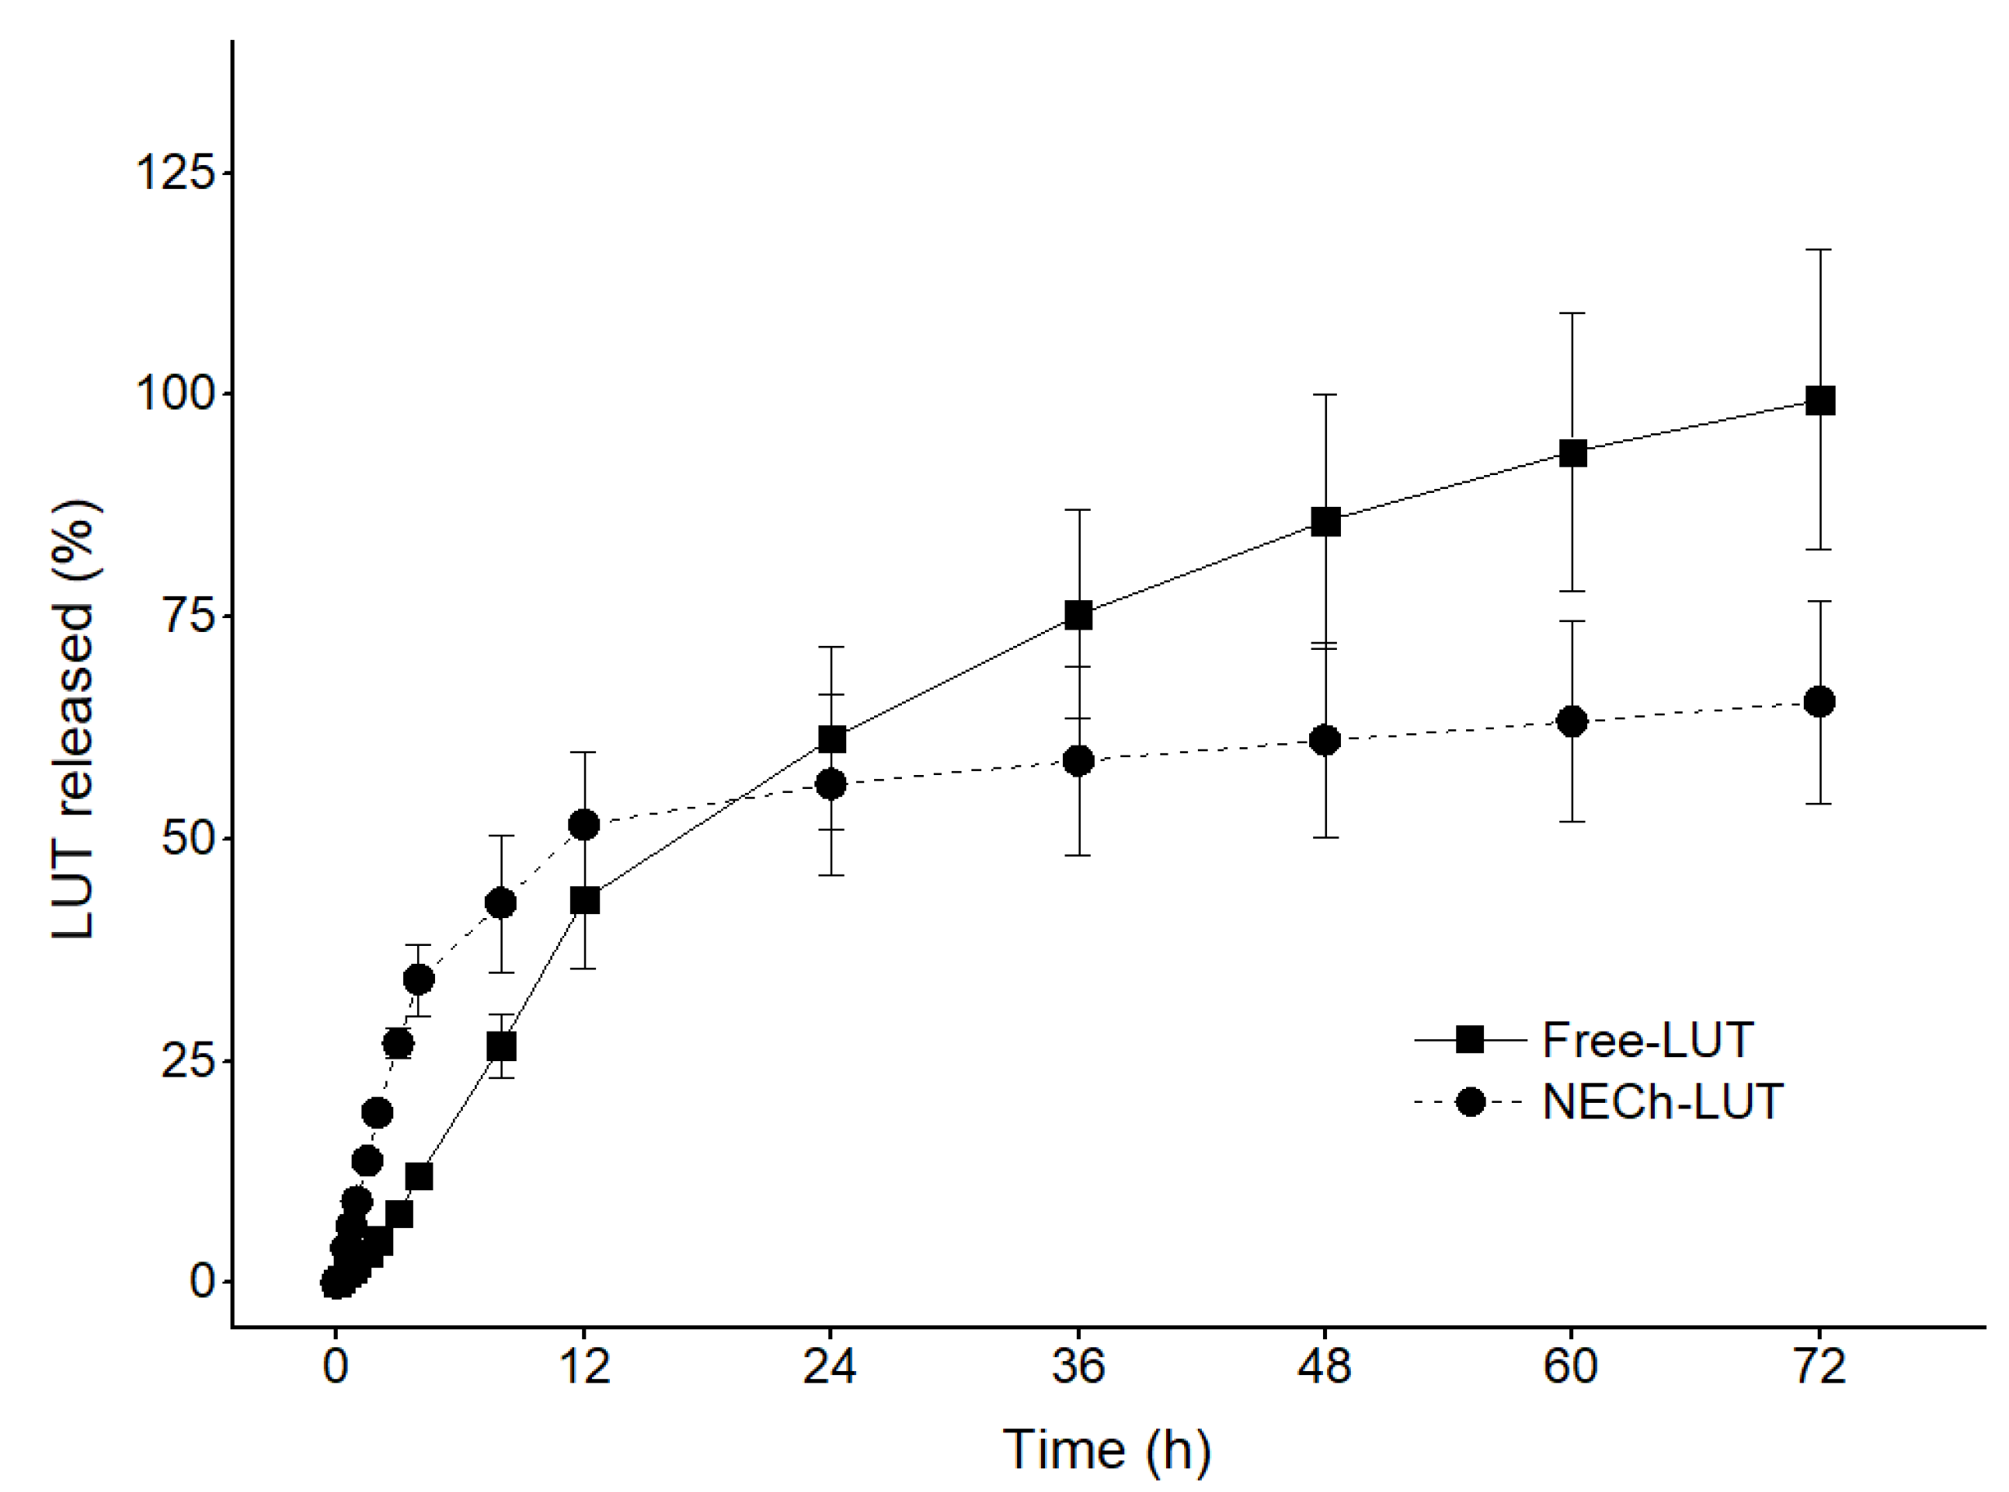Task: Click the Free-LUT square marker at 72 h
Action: (x=1818, y=400)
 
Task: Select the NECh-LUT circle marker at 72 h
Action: (x=1818, y=701)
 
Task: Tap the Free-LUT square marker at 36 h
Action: (x=1078, y=616)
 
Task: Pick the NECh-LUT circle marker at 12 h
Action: (x=584, y=825)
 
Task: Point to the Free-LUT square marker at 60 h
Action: (x=1572, y=454)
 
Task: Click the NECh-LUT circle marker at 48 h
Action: (x=1325, y=741)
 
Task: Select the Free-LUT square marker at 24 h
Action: (x=831, y=740)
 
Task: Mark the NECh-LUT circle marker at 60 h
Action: (x=1572, y=722)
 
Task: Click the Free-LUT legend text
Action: (x=1647, y=1041)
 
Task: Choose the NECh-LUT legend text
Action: (x=1662, y=1102)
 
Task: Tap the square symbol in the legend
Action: (x=1471, y=1040)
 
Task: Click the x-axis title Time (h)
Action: (x=1106, y=1450)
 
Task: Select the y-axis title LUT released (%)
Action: (x=74, y=719)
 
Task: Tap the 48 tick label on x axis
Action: (x=1325, y=1366)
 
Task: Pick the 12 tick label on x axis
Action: (x=584, y=1366)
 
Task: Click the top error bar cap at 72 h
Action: (x=1818, y=249)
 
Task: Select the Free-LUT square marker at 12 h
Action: (x=584, y=900)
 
